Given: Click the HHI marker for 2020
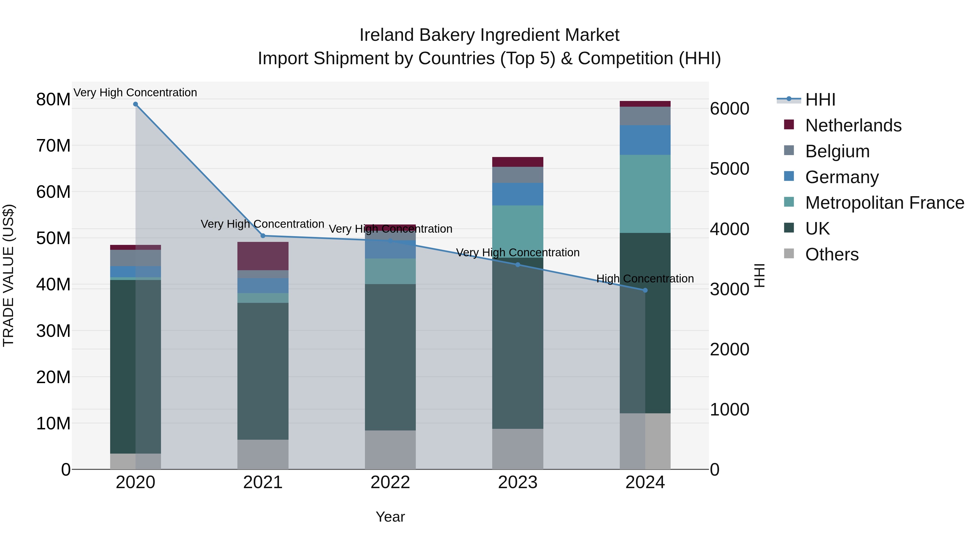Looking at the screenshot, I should click(x=135, y=104).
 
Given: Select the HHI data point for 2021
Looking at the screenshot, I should click(x=263, y=236).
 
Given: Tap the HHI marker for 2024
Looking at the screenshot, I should click(x=645, y=290).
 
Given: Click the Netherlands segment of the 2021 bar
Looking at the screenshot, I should click(x=263, y=256).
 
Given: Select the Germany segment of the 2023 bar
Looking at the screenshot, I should click(x=517, y=194).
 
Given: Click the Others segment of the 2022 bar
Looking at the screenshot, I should click(x=390, y=450).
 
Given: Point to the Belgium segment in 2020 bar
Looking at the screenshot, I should click(x=135, y=258).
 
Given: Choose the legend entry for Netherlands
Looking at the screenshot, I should click(x=853, y=125).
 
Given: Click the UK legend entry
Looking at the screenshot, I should click(x=817, y=229).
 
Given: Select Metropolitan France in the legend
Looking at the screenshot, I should click(x=884, y=203).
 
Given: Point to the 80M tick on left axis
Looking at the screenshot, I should click(x=53, y=100).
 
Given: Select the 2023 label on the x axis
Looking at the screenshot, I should click(x=517, y=482).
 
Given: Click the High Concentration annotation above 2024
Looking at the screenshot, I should click(x=645, y=279).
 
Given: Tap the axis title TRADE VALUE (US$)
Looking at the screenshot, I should click(x=9, y=275).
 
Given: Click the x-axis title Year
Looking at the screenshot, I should click(x=390, y=517).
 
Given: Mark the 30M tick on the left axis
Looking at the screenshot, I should click(x=53, y=331).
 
